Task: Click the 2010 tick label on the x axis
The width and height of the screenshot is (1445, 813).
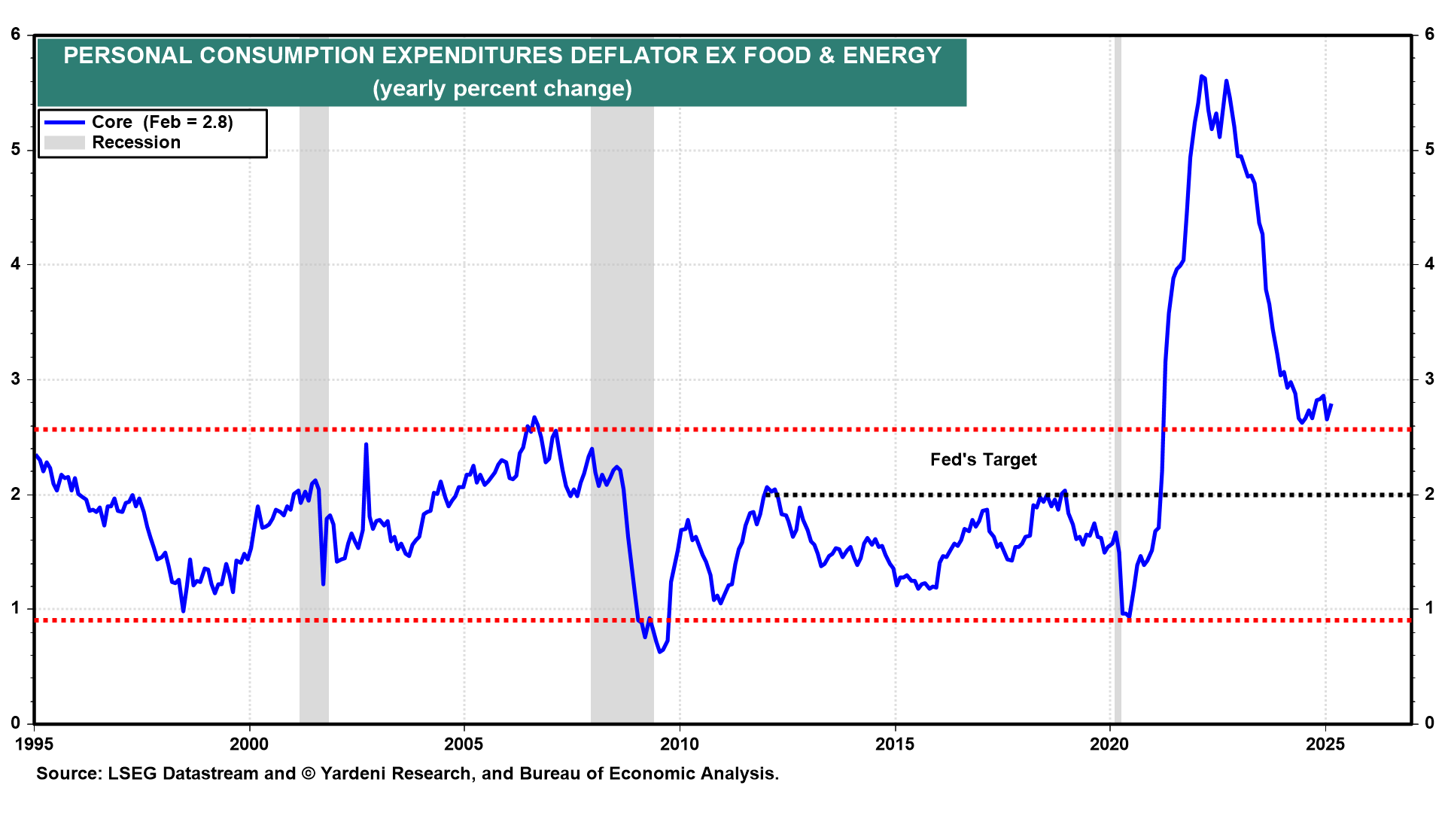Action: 680,744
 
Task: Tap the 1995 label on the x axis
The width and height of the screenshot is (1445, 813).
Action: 35,744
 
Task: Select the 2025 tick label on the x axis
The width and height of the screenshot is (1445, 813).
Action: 1325,744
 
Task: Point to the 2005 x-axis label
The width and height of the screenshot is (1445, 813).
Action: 464,744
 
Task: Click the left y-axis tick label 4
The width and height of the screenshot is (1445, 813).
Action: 16,264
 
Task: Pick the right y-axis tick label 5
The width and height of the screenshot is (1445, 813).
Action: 1429,150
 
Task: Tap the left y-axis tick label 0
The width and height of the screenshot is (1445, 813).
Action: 16,723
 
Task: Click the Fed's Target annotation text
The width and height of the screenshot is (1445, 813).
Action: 983,460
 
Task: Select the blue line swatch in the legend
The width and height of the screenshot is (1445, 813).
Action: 64,122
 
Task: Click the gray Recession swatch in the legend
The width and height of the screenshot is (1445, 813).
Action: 64,142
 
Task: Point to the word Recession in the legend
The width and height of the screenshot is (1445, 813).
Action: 136,142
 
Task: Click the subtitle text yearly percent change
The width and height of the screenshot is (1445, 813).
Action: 502,89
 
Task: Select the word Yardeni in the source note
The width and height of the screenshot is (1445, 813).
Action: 355,774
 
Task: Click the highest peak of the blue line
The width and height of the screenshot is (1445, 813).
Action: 1201,76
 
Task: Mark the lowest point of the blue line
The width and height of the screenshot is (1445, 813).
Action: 660,651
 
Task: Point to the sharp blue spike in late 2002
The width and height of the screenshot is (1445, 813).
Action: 366,445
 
